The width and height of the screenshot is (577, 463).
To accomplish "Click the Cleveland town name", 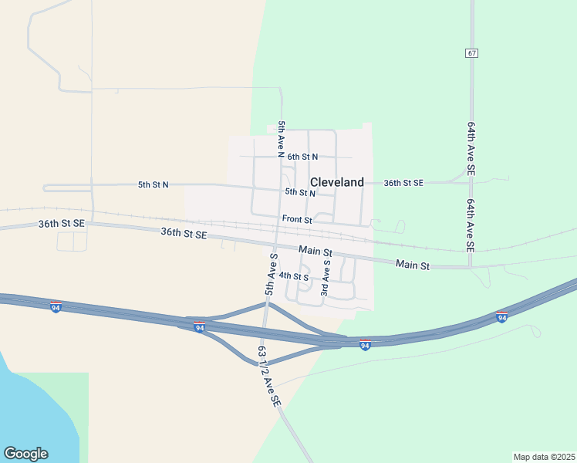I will (x=336, y=182).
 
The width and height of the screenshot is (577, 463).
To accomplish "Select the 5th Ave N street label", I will (x=282, y=139).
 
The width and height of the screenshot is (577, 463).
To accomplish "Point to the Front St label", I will (x=296, y=219).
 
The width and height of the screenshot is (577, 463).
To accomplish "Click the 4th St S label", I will (x=293, y=275).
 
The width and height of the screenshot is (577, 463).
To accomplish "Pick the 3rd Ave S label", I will (x=326, y=278).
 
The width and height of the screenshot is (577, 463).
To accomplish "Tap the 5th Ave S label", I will (x=272, y=274).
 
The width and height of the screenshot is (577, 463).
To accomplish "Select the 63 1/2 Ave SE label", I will (x=270, y=377).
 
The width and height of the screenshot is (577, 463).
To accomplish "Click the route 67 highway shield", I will (x=471, y=52).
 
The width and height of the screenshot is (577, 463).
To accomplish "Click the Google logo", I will (x=25, y=454).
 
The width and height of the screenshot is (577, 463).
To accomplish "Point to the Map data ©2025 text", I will (x=544, y=457).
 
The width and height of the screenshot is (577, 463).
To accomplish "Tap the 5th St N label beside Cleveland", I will (x=300, y=192).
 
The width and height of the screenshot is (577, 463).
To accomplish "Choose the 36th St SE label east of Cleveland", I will (x=403, y=183).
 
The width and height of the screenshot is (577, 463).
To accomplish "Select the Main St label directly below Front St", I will (x=316, y=252).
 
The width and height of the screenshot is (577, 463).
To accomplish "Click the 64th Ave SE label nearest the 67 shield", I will (x=471, y=146).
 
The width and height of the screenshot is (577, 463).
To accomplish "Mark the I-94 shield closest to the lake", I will (x=56, y=306).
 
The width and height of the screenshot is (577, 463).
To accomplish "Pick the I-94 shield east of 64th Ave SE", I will (x=501, y=316).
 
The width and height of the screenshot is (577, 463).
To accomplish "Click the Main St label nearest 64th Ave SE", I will (x=412, y=265).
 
